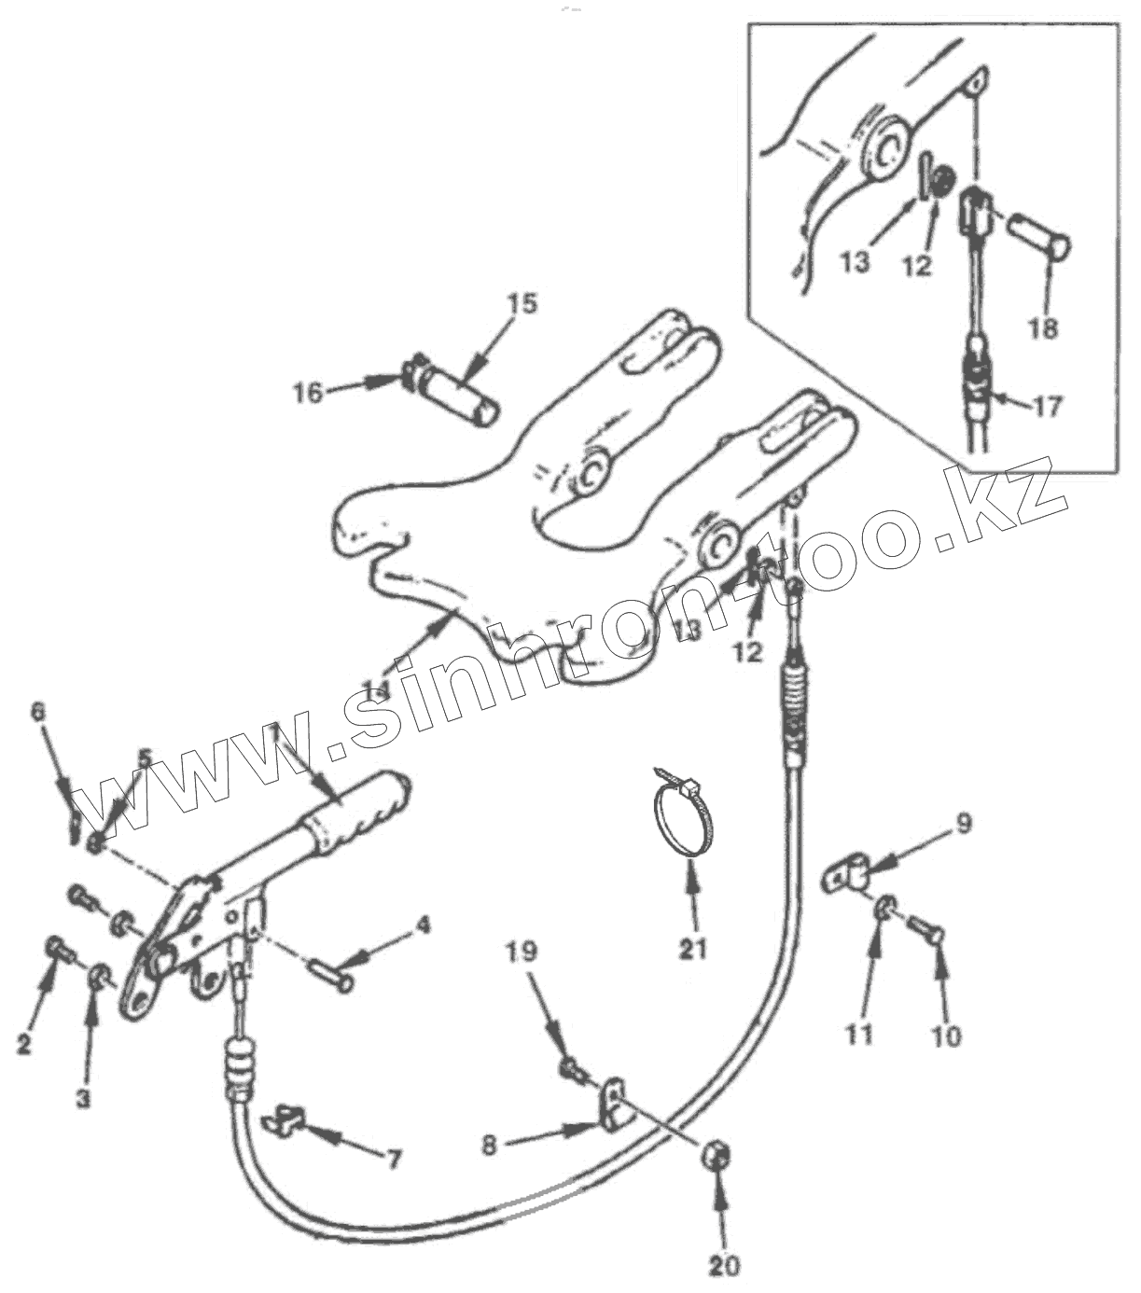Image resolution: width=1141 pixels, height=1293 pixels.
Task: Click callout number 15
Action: click(x=522, y=304)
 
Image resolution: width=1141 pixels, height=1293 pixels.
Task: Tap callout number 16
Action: click(x=310, y=392)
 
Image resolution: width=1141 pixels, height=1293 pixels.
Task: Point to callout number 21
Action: click(x=693, y=950)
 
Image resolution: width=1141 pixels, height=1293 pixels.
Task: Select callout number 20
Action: click(x=725, y=1265)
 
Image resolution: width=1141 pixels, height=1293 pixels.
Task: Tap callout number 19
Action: click(x=522, y=952)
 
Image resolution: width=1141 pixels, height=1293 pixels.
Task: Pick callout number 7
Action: click(x=394, y=1159)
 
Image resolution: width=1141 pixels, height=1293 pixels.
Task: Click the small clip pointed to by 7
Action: click(x=283, y=1117)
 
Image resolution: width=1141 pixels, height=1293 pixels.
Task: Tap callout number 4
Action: click(x=424, y=925)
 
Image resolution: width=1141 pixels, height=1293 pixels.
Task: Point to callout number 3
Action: click(x=84, y=1098)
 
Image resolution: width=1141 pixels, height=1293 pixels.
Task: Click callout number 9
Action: click(x=963, y=823)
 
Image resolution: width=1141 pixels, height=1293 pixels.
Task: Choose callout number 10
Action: click(x=946, y=1036)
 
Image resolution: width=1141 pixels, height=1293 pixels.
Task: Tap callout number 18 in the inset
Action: click(x=1044, y=328)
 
